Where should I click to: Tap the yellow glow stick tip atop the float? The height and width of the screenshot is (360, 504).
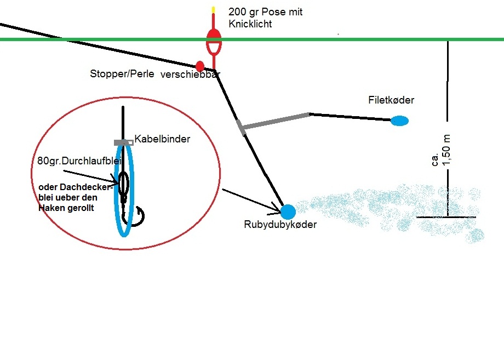[213, 10]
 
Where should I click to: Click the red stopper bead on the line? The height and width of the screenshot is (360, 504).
[200, 66]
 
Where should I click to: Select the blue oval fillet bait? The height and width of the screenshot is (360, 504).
[399, 121]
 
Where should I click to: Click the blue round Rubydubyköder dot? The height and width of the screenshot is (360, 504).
[288, 211]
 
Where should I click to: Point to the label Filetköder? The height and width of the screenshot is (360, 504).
[391, 100]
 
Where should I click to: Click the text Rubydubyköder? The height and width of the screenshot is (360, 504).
[280, 224]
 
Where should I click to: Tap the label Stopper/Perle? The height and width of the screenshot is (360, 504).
[122, 74]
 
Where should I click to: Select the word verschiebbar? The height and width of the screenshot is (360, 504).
[190, 75]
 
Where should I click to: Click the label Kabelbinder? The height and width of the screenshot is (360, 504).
[162, 139]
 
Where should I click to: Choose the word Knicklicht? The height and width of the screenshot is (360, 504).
[250, 24]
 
